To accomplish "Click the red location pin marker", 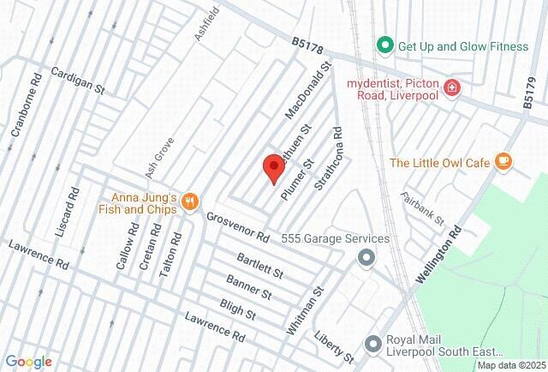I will tap(273, 167).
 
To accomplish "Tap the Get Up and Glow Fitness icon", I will tap(385, 45).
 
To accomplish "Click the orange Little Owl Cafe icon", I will tap(503, 161).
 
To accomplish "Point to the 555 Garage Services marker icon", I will tap(366, 257).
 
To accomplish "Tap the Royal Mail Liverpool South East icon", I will tap(372, 344).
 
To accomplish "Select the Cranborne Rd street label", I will tap(26, 110).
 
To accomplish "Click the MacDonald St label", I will tap(307, 90).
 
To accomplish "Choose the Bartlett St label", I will tap(260, 267).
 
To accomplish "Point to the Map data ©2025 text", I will tap(509, 365).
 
